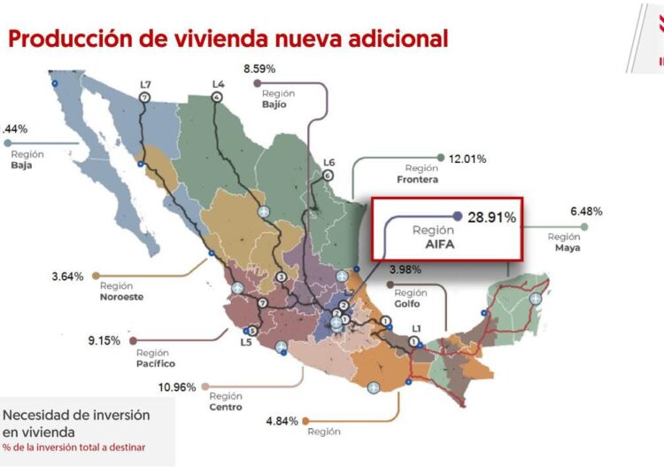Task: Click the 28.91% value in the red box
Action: pos(490,216)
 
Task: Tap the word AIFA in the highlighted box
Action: pos(434,244)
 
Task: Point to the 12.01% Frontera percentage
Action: pos(467,159)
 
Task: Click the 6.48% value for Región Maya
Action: pos(586,212)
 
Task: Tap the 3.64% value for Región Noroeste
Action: pos(67,276)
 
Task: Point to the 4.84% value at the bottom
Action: pos(281,420)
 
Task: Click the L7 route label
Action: pos(145,84)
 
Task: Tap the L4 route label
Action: pos(218,84)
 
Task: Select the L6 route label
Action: pos(328,162)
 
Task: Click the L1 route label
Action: pos(415,329)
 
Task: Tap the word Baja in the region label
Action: pos(22,166)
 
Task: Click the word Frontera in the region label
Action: pos(417,180)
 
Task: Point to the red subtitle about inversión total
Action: pos(74,447)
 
